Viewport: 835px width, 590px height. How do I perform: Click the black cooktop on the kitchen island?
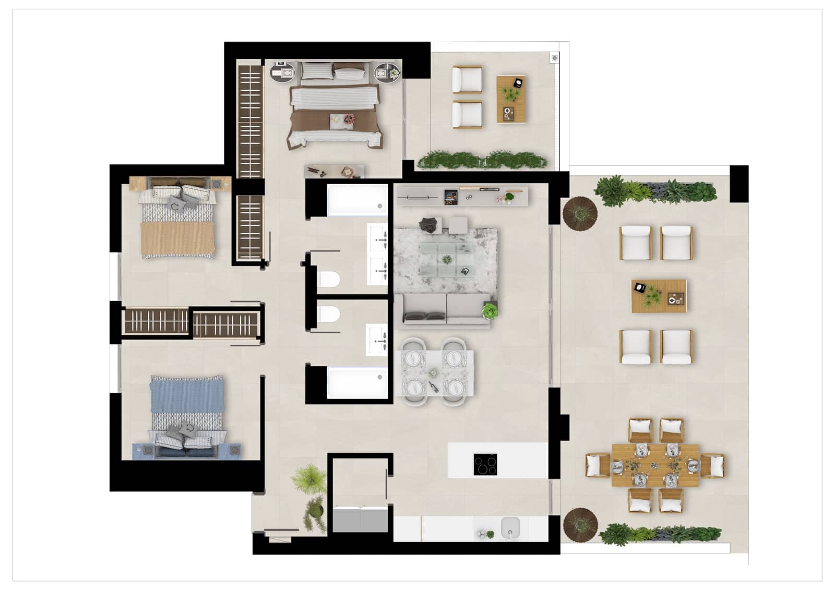(485, 464)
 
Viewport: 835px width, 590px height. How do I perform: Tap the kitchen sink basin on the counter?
(510, 527)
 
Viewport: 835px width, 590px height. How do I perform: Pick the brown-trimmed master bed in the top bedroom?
(334, 112)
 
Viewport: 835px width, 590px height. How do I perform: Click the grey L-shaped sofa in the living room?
(444, 310)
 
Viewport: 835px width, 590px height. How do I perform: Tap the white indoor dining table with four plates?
(434, 373)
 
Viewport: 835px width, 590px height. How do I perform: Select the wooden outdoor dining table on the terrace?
(655, 465)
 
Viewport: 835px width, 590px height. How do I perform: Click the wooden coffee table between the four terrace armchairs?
(659, 296)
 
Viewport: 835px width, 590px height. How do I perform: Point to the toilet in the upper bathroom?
(328, 280)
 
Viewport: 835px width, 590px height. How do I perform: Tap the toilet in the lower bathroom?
(328, 315)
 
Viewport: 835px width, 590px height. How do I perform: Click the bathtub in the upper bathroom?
(357, 200)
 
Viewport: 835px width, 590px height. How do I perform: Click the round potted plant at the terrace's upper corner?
(579, 213)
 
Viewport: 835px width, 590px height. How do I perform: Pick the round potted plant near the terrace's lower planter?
(580, 523)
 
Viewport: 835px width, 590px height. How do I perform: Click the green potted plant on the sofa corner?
(490, 311)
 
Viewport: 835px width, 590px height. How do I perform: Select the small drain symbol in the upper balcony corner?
(554, 58)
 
